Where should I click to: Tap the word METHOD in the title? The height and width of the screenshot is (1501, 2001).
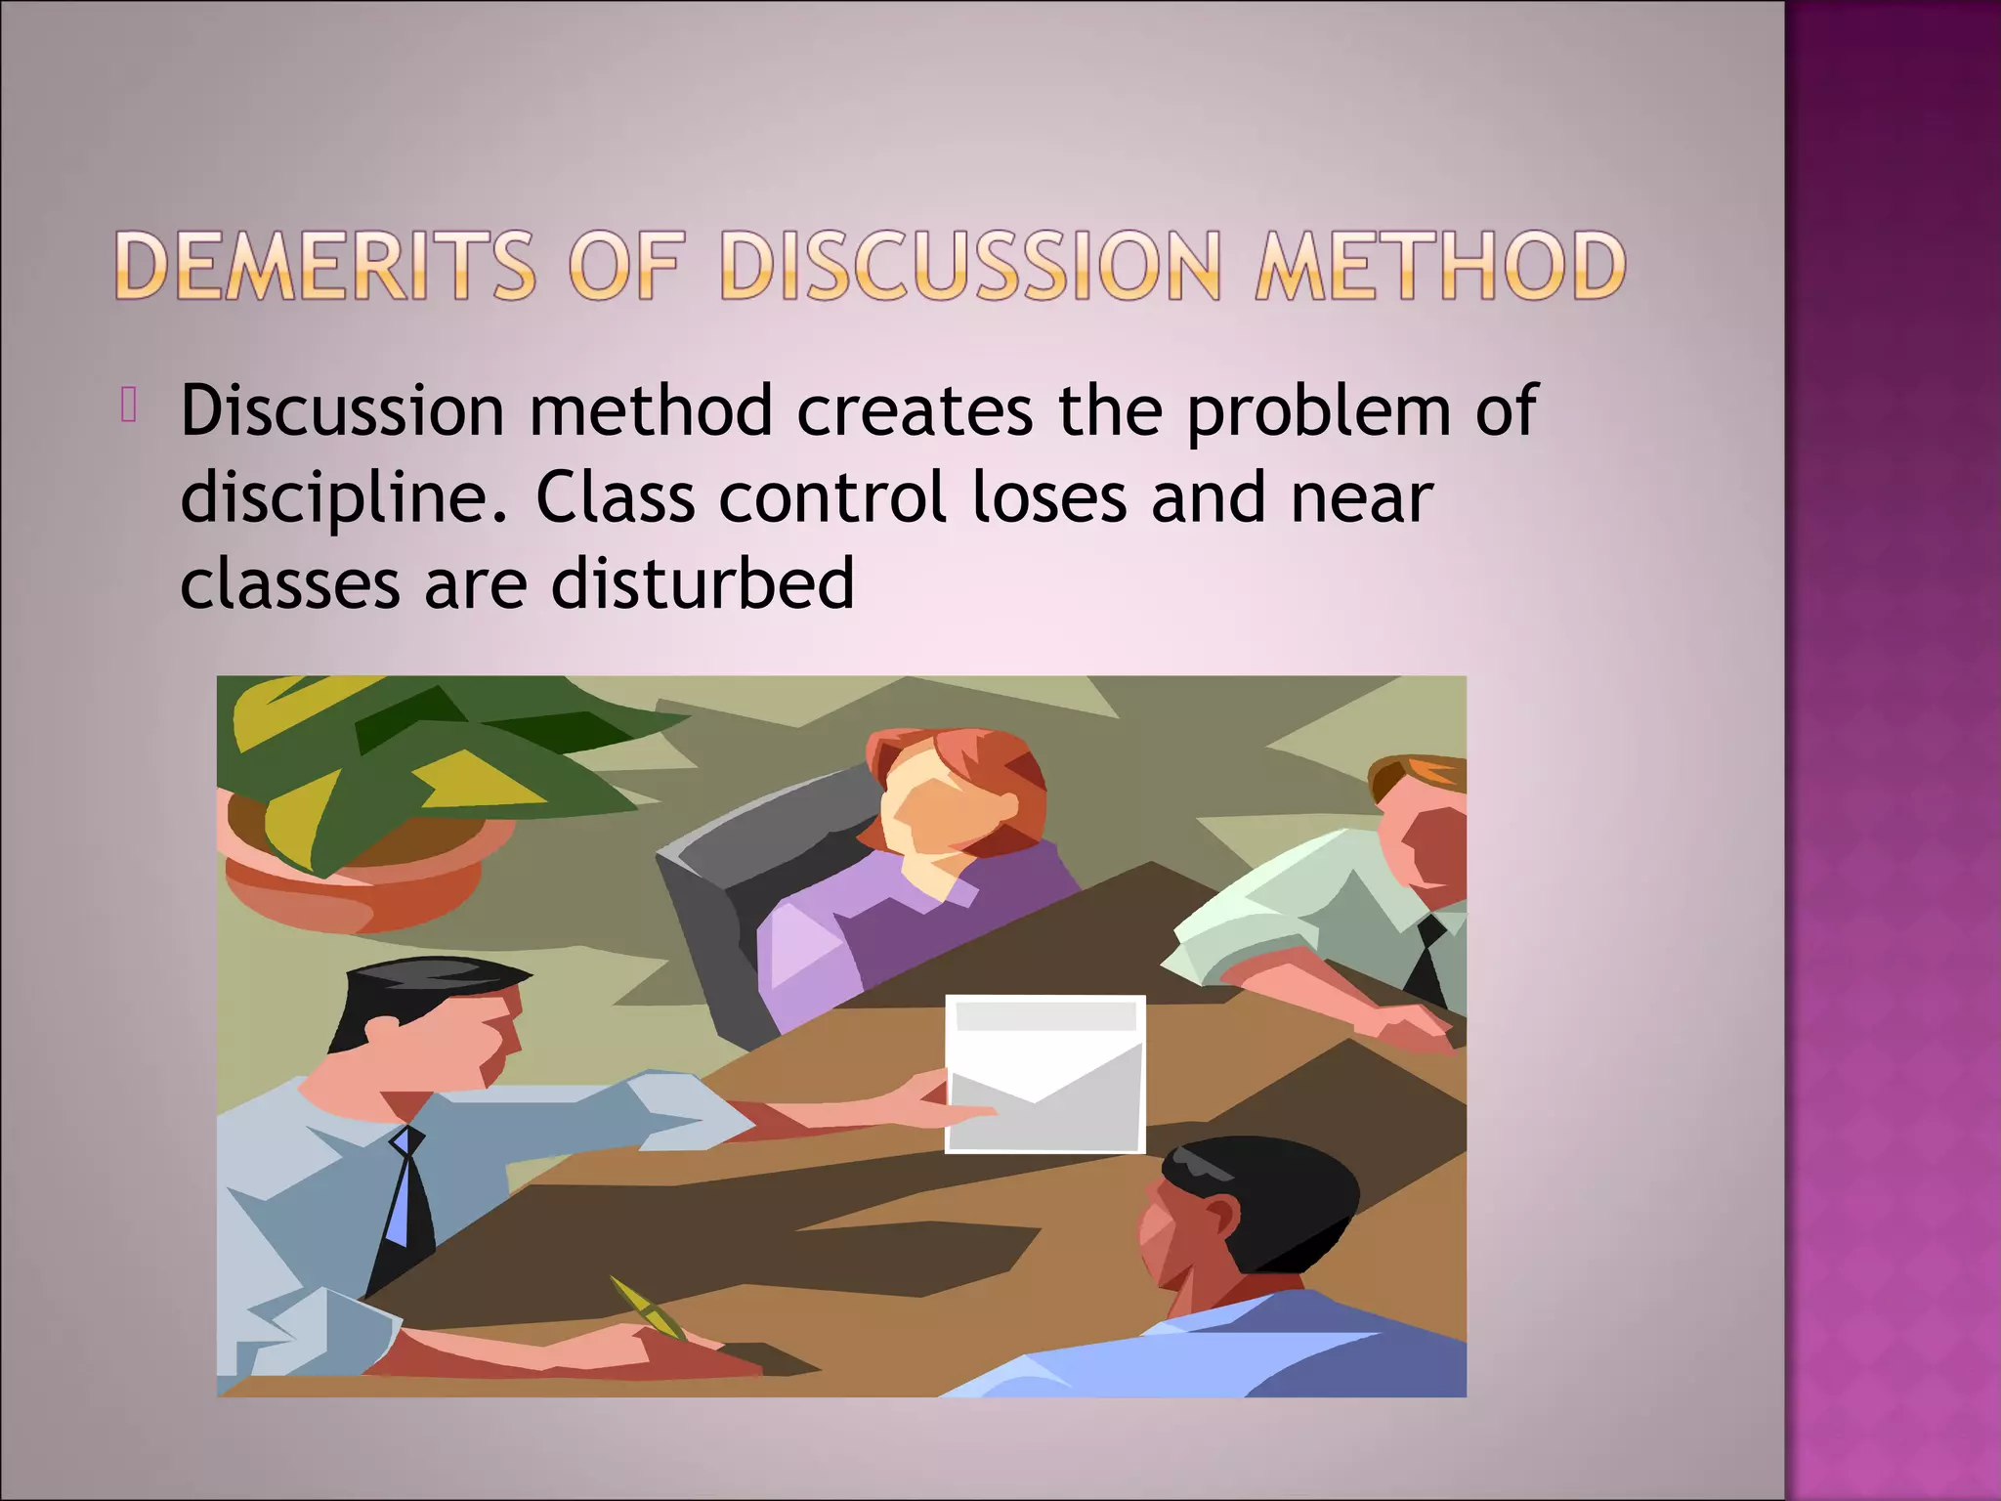[x=1440, y=266]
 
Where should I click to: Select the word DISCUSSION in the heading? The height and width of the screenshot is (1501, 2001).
[x=970, y=266]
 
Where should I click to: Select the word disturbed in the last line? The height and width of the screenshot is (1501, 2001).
[x=702, y=583]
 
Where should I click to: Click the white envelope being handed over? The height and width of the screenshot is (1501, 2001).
[x=1045, y=1075]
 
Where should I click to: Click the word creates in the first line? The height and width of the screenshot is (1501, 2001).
[x=915, y=410]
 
